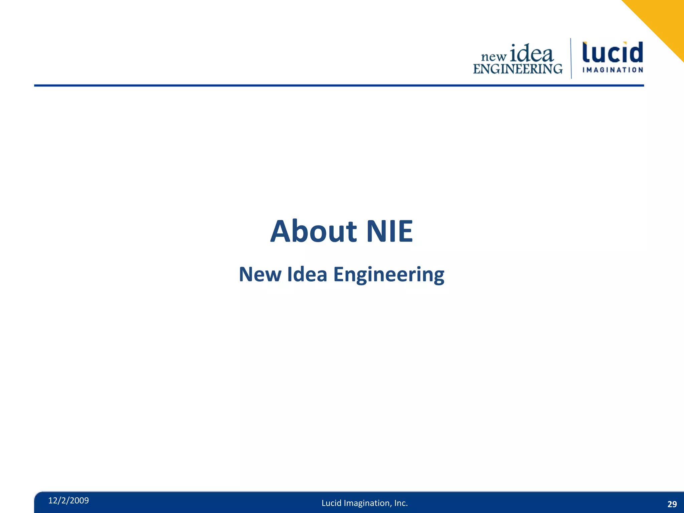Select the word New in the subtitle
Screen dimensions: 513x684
click(260, 275)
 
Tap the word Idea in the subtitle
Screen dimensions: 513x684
click(307, 275)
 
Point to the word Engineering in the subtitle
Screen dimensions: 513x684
click(389, 275)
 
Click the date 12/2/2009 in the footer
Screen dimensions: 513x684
click(68, 500)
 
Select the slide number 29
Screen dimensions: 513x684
click(672, 504)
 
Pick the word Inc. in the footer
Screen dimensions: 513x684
click(401, 503)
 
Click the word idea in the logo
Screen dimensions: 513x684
click(532, 53)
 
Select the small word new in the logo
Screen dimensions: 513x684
click(494, 57)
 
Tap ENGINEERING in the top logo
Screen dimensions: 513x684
click(518, 69)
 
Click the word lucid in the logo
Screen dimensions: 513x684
click(613, 53)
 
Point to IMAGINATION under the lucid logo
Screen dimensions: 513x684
click(613, 70)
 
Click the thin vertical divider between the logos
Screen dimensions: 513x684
click(571, 58)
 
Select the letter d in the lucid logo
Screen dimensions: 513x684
click(636, 52)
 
